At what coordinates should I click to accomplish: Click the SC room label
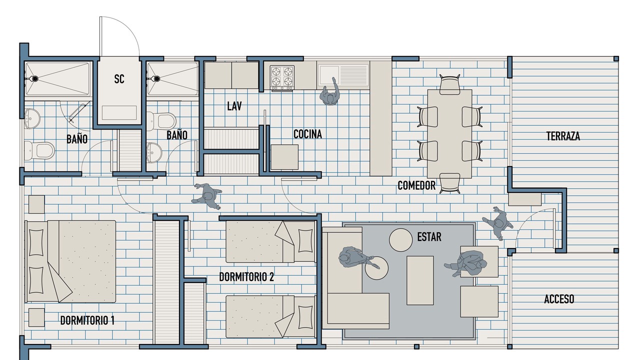point(119,79)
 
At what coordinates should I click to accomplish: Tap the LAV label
point(234,106)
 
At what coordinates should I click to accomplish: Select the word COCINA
point(307,134)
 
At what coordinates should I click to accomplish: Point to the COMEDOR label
point(416,185)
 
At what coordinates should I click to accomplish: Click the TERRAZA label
point(563,136)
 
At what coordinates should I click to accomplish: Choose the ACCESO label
point(559,299)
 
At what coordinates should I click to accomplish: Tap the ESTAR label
point(429,237)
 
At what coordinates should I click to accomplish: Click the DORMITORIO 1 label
point(87,320)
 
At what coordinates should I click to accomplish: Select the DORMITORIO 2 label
point(246,277)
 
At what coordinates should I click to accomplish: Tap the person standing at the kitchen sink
point(330,91)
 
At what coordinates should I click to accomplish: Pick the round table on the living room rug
point(400,240)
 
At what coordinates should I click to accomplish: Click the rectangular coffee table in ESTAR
point(420,280)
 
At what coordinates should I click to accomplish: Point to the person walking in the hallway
point(207,196)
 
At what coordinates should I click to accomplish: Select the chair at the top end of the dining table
point(449,84)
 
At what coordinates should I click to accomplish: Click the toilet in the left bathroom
point(39,150)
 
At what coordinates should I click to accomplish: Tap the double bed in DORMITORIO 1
point(71,261)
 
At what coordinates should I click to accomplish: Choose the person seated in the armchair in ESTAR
point(465,263)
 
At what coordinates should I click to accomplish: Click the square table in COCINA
point(284,157)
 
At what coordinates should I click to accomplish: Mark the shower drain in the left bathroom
point(35,78)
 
